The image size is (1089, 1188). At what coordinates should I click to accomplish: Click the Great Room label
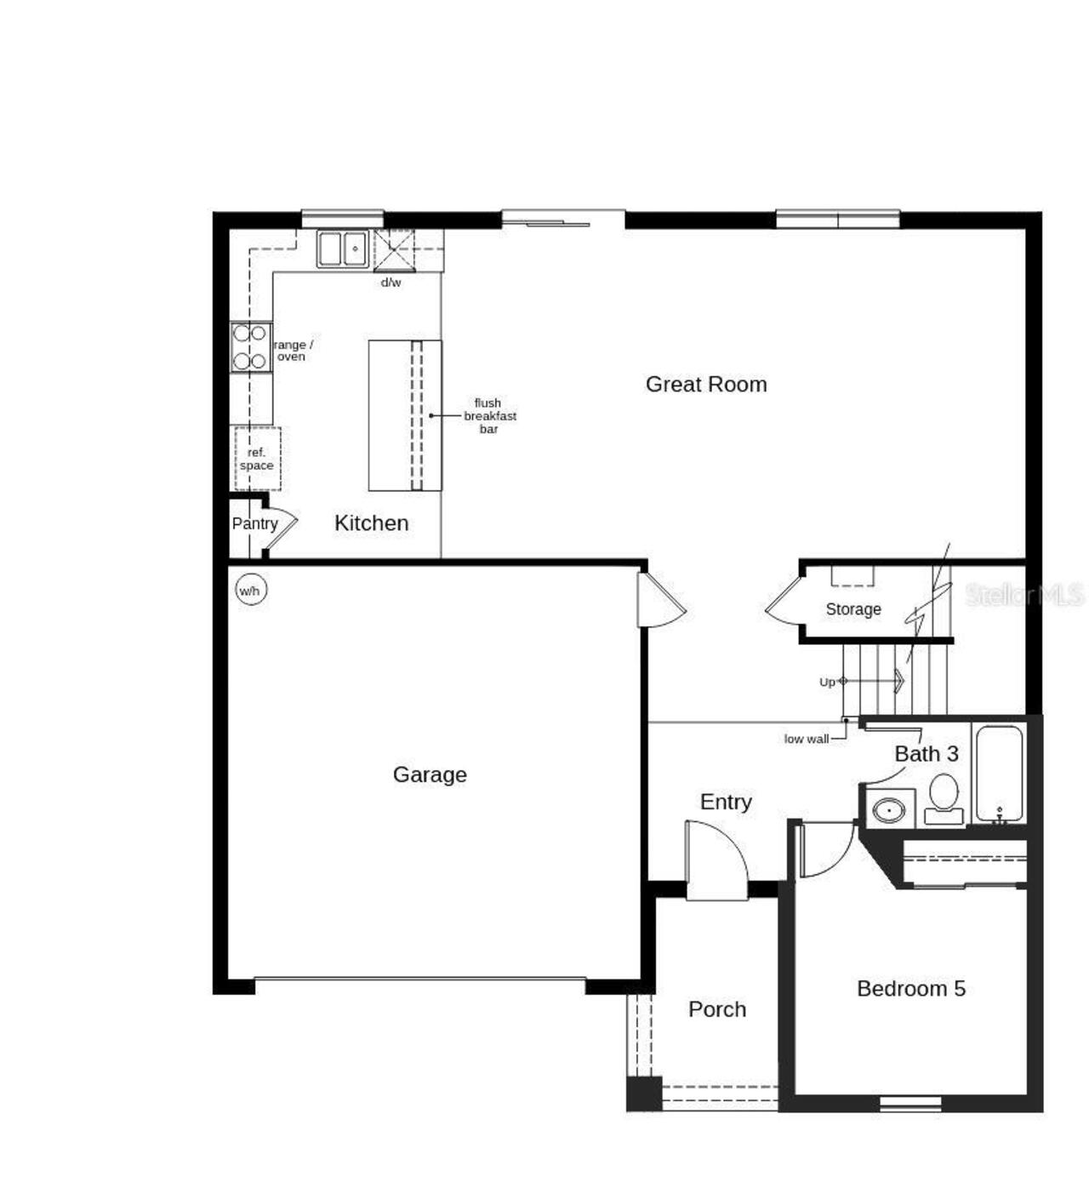pos(706,385)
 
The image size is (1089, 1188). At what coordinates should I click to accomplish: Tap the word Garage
pos(430,774)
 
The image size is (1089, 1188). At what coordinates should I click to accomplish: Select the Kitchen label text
pos(371,523)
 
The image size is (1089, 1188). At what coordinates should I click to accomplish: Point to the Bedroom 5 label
pos(910,989)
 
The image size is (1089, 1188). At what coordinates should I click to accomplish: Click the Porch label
pos(717,1009)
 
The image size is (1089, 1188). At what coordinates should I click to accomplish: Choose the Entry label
pos(726,802)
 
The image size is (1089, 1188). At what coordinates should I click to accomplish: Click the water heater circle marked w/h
pos(250,591)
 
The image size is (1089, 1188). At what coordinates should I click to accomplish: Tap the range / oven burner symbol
pos(250,347)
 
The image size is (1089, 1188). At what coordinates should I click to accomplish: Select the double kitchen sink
pos(342,249)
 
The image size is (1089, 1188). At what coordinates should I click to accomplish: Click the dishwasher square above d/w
pos(393,250)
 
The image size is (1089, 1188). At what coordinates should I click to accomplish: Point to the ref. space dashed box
pos(257,459)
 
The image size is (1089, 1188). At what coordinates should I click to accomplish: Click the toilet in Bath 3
pos(944,798)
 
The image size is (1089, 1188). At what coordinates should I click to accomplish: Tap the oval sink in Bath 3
pos(890,809)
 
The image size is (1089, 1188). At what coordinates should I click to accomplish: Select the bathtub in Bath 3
pos(999,773)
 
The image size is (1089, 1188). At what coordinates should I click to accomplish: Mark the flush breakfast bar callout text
pos(489,416)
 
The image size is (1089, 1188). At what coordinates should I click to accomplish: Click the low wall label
pos(806,739)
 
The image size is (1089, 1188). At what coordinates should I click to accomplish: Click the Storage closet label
pos(852,609)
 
